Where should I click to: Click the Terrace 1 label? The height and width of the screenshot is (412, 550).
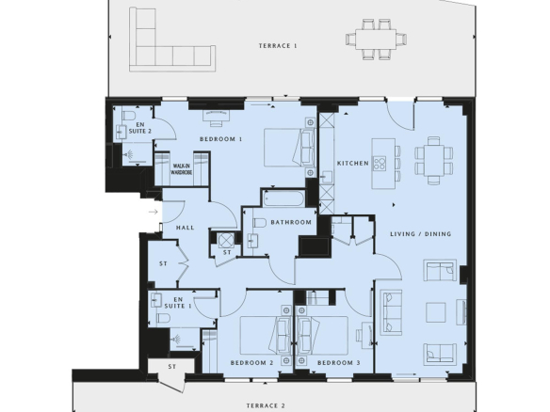[278, 46]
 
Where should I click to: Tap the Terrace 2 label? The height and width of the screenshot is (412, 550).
[266, 405]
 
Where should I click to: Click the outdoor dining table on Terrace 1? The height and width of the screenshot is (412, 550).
[376, 40]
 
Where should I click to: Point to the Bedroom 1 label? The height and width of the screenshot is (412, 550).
[221, 139]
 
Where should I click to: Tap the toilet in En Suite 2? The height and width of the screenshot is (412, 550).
[129, 116]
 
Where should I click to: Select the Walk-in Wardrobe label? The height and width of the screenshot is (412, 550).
[182, 169]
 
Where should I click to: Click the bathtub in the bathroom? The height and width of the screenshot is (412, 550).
[284, 198]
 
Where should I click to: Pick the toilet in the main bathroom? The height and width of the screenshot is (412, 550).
[260, 223]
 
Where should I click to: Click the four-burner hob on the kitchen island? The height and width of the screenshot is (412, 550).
[380, 163]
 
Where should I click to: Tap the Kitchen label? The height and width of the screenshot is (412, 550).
[353, 164]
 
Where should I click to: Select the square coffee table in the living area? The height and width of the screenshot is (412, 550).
[436, 312]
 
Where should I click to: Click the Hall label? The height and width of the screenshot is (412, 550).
[186, 228]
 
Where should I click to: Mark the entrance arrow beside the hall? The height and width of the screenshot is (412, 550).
[154, 212]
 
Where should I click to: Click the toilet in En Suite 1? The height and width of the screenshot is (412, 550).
[164, 318]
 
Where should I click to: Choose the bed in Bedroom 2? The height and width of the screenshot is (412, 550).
[266, 336]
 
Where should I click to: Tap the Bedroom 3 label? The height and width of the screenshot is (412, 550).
[339, 363]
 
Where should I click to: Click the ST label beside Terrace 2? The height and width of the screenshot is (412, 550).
[171, 367]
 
